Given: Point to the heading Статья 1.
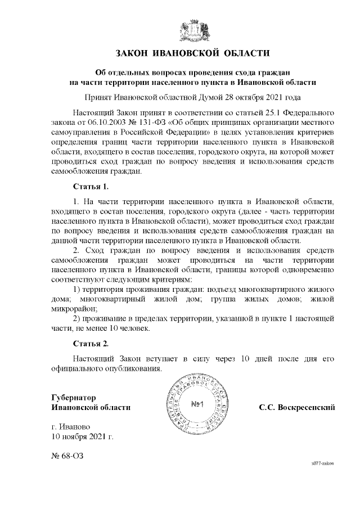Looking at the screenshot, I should [x=91, y=186].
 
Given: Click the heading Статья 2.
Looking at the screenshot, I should [x=91, y=343].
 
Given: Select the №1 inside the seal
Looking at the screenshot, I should [x=197, y=404].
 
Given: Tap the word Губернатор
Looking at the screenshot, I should [x=73, y=396].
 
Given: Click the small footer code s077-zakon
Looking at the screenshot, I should [x=322, y=463].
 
